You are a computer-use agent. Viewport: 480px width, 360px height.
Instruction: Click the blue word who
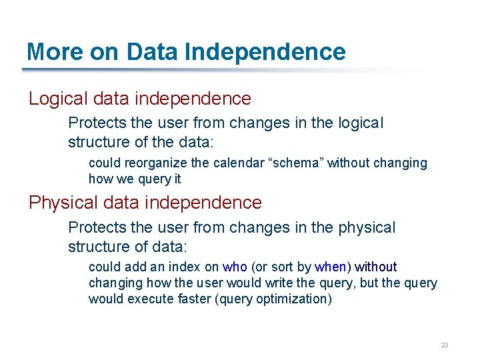coord(235,267)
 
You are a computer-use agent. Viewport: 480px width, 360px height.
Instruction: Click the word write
coord(299,283)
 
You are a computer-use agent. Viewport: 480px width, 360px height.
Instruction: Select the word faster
coord(193,299)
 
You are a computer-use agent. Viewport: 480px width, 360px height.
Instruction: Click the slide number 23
coord(445,345)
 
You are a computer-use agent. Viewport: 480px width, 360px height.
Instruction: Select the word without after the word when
coord(375,267)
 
